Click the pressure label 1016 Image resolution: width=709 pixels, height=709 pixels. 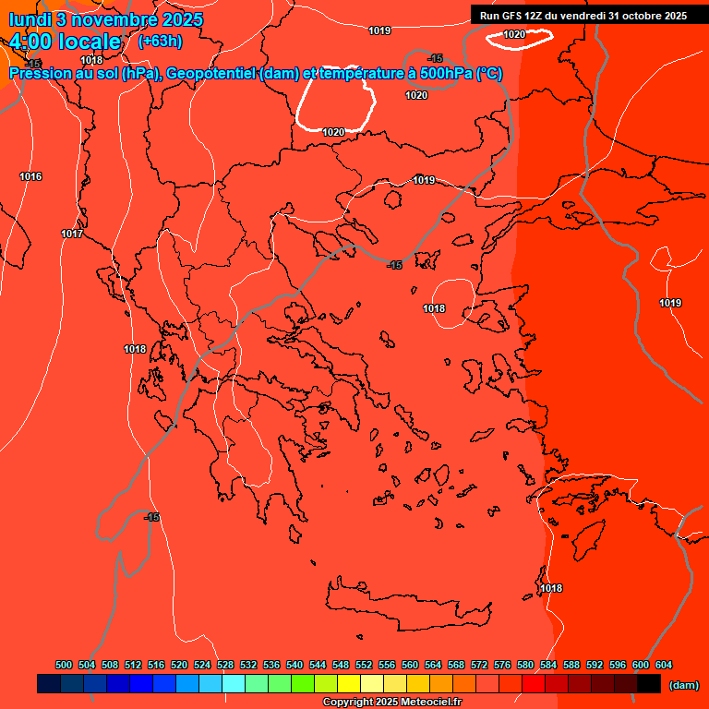pos(30,176)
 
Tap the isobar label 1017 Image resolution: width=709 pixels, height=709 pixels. pos(72,234)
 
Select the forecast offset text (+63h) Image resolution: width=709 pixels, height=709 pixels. pos(160,42)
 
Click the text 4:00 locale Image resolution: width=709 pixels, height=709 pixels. pos(65,42)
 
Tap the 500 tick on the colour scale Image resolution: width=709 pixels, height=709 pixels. pos(64,665)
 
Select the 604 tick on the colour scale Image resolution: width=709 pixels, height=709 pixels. pos(664,665)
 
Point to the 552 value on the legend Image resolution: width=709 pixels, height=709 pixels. pos(364,665)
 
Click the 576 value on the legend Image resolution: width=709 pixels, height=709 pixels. pos(502,665)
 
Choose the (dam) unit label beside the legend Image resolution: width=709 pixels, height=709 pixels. pos(683,685)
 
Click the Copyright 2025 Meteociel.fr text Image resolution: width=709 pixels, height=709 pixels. pos(391,703)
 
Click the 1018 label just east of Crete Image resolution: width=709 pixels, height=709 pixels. pos(551,588)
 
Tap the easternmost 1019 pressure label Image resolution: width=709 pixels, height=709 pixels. pos(670,303)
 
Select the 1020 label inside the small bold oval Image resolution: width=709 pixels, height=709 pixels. pos(514,34)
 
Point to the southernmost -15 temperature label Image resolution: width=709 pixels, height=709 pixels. pos(151,517)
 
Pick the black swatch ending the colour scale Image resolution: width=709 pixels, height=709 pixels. pos(649,684)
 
